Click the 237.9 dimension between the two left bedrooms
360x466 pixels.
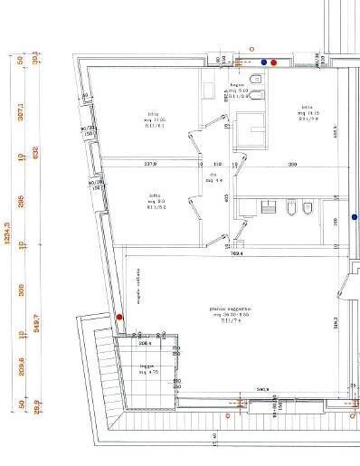[x=150, y=165]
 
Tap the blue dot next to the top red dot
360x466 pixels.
[x=264, y=62]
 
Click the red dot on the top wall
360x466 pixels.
[x=275, y=62]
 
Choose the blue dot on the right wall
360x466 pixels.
[x=355, y=218]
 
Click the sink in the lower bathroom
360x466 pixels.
[x=269, y=208]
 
